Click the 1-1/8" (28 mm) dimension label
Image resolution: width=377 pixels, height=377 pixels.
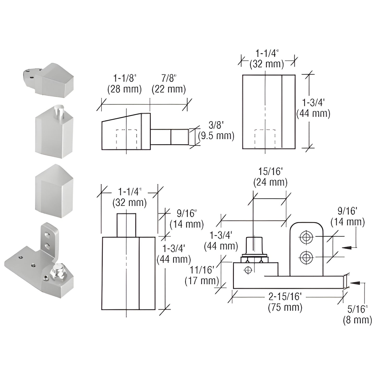click(x=124, y=84)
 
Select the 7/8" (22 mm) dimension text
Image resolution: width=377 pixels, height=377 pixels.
click(x=169, y=84)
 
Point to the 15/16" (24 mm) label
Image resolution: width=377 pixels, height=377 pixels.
click(x=270, y=177)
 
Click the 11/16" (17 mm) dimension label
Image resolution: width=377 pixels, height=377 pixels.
click(x=202, y=275)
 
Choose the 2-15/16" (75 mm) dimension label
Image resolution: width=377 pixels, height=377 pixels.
click(x=285, y=302)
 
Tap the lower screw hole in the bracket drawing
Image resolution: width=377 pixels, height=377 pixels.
click(x=307, y=258)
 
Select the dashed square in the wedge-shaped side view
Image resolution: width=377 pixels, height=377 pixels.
click(x=126, y=139)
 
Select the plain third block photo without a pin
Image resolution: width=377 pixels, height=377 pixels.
click(x=54, y=191)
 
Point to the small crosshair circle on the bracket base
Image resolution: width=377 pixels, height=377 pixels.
click(x=248, y=270)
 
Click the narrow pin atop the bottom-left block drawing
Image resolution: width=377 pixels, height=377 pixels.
click(x=126, y=225)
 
